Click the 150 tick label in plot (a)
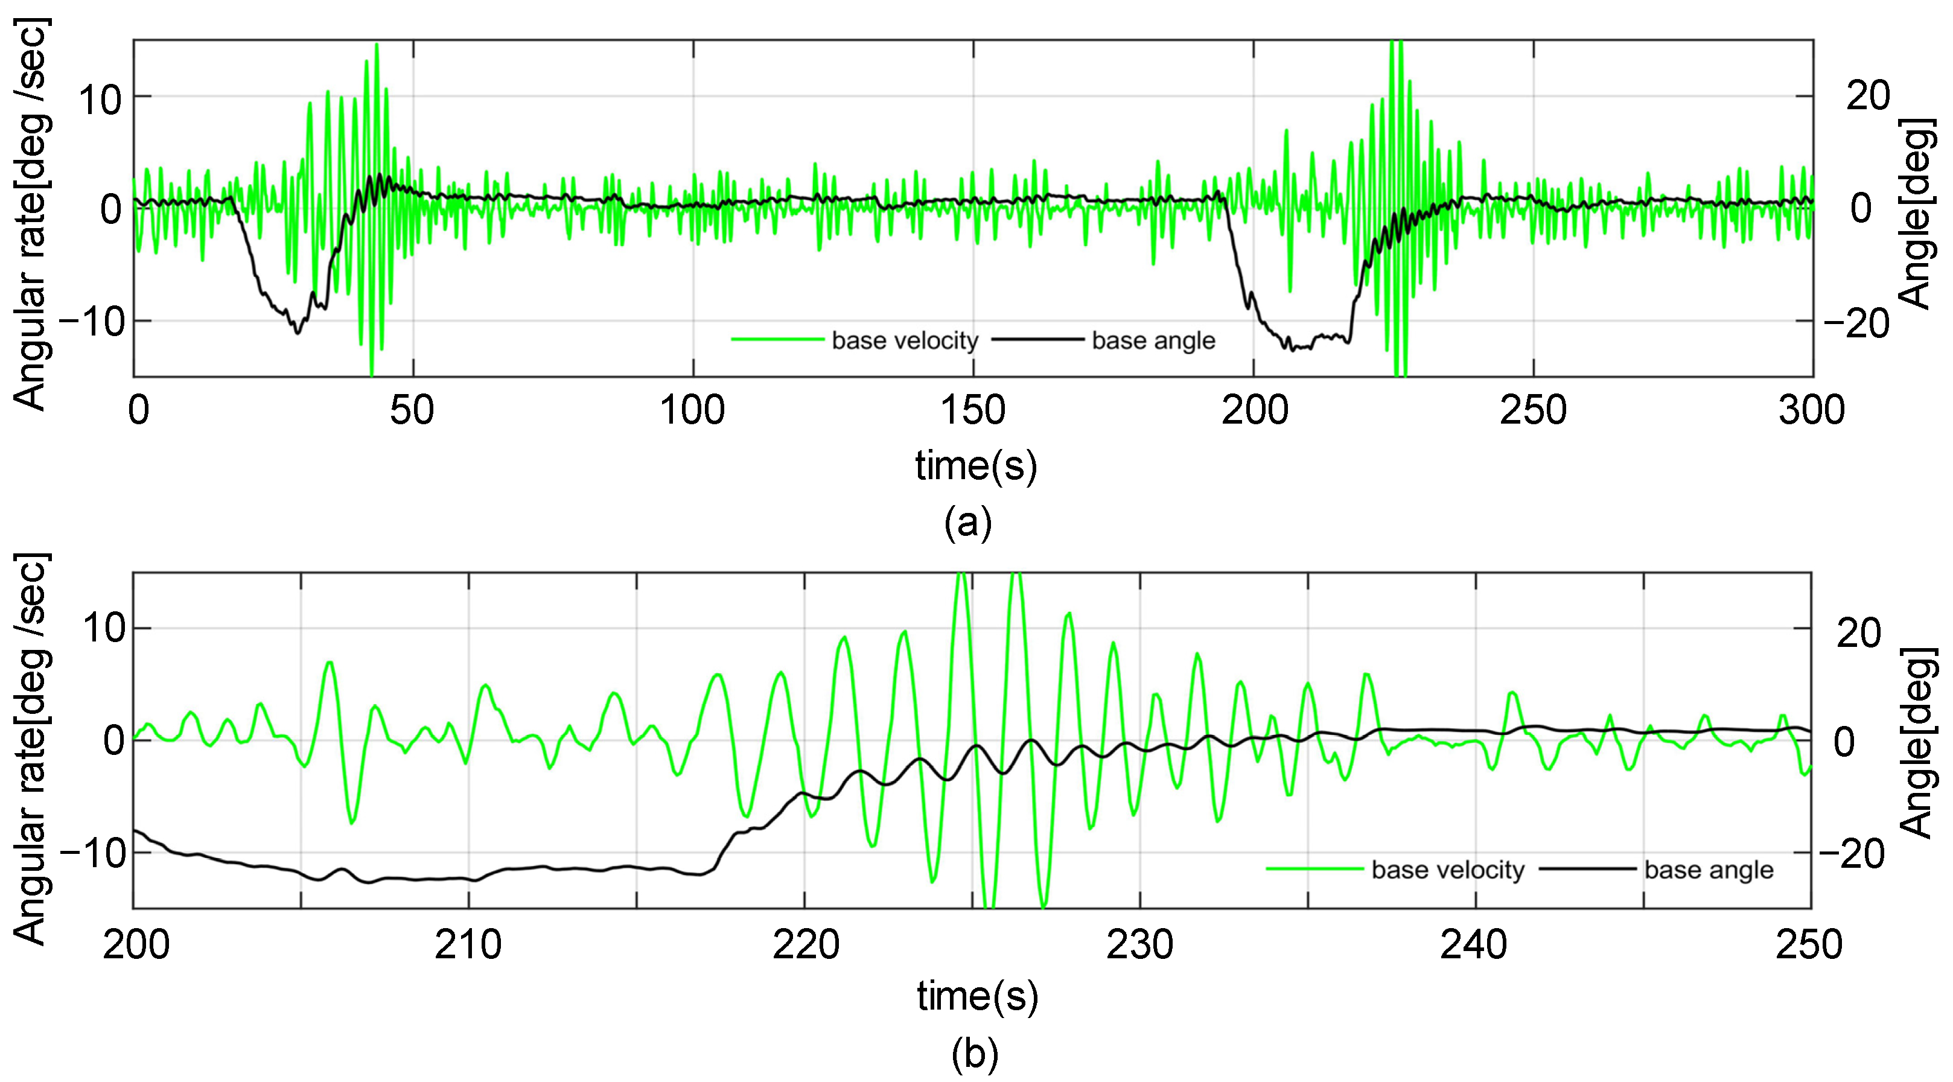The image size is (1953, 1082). [973, 410]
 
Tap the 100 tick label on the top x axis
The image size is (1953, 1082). [692, 410]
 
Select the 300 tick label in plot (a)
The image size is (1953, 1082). [1811, 410]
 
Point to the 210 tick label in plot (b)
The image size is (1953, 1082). [468, 945]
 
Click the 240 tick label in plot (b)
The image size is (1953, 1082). [1474, 945]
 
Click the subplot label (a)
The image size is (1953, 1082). [968, 523]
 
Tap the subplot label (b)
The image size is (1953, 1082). [974, 1055]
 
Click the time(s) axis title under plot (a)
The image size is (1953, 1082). [976, 465]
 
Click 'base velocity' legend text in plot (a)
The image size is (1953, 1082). [905, 340]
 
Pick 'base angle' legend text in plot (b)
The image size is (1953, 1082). [1709, 870]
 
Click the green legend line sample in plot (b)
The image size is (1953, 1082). [1314, 869]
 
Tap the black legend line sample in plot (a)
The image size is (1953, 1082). [1036, 340]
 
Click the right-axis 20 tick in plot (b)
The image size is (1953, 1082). [1858, 632]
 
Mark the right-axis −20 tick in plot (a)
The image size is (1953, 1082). [1856, 324]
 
